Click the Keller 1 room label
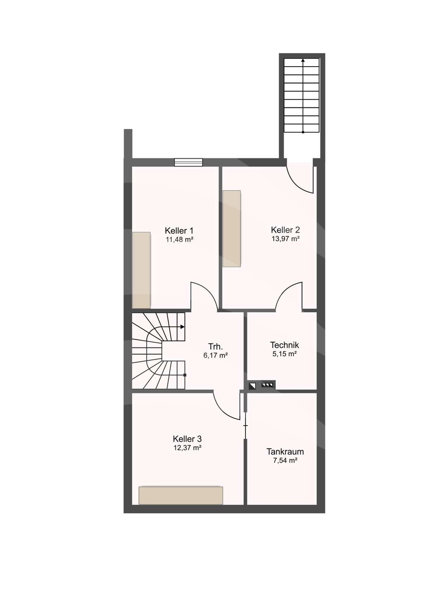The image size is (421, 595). pyautogui.click(x=179, y=230)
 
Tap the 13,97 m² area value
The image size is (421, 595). pyautogui.click(x=285, y=238)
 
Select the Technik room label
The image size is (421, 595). pyautogui.click(x=285, y=345)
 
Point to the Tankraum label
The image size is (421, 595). pyautogui.click(x=285, y=452)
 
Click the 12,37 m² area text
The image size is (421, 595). pyautogui.click(x=187, y=448)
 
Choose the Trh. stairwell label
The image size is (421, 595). pyautogui.click(x=215, y=347)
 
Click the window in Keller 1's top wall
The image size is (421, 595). pyautogui.click(x=188, y=162)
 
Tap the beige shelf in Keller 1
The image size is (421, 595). pyautogui.click(x=141, y=270)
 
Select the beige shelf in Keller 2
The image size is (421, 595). pyautogui.click(x=232, y=228)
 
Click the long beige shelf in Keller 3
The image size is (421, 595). pyautogui.click(x=181, y=495)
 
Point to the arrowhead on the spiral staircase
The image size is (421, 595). pyautogui.click(x=182, y=327)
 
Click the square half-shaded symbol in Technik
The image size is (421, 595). pyautogui.click(x=252, y=386)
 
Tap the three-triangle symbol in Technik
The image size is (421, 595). pyautogui.click(x=267, y=385)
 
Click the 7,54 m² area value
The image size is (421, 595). pyautogui.click(x=285, y=460)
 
